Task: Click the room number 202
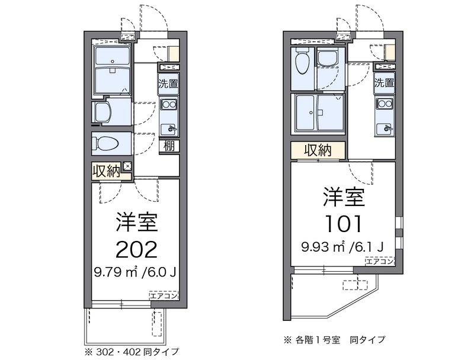point(137,249)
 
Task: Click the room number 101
point(343,224)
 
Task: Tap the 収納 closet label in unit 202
point(107,172)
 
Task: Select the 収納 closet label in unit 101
point(318,150)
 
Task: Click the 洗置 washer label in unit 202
point(169,83)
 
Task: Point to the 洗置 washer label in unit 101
point(384,82)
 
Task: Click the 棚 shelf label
point(169,146)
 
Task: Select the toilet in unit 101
point(302,61)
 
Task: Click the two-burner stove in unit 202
point(169,104)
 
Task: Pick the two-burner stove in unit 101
point(385,104)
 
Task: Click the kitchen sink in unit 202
point(169,129)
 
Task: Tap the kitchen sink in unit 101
point(385,128)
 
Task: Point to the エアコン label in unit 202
point(164,295)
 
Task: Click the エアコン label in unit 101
point(380,261)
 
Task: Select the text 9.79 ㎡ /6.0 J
point(135,273)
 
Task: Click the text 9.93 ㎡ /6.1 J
point(342,247)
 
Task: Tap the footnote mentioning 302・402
point(132,352)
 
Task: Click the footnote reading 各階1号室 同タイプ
point(334,340)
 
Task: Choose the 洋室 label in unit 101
point(344,197)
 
